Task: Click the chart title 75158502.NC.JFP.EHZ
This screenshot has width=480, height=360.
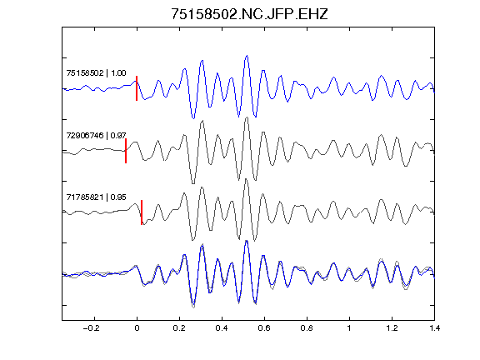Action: pyautogui.click(x=249, y=14)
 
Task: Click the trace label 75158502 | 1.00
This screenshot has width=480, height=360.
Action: pyautogui.click(x=96, y=73)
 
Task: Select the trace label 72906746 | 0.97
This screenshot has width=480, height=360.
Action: pyautogui.click(x=96, y=135)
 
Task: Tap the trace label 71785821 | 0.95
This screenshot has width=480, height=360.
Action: pyautogui.click(x=96, y=197)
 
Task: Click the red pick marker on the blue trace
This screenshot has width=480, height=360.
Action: pyautogui.click(x=137, y=88)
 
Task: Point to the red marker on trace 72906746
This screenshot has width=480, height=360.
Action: pyautogui.click(x=126, y=151)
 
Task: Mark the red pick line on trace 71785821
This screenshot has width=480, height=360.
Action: pyautogui.click(x=142, y=212)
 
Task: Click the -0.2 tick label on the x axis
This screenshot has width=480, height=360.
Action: pyautogui.click(x=92, y=328)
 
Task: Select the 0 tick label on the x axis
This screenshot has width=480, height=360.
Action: pyautogui.click(x=137, y=328)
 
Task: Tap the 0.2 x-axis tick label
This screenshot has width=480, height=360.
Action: pyautogui.click(x=179, y=328)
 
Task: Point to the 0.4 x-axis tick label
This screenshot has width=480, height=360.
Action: pyautogui.click(x=222, y=328)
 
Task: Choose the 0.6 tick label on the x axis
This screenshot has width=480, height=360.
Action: pyautogui.click(x=264, y=328)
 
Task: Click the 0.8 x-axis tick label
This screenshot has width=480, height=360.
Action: pyautogui.click(x=307, y=328)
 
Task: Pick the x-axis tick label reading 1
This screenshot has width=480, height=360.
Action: pyautogui.click(x=349, y=328)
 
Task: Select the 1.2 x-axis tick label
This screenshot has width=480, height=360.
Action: pyautogui.click(x=392, y=328)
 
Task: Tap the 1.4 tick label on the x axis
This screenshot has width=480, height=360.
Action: pyautogui.click(x=434, y=328)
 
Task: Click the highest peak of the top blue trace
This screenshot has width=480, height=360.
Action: pyautogui.click(x=247, y=56)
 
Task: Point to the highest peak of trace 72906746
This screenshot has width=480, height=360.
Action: pyautogui.click(x=247, y=117)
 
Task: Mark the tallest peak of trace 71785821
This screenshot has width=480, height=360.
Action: pyautogui.click(x=246, y=179)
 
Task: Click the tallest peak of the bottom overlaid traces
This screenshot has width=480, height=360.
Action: pyautogui.click(x=247, y=241)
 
